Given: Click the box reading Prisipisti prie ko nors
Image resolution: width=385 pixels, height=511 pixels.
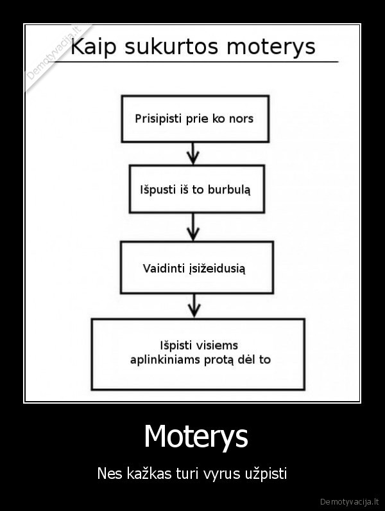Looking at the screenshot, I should [194, 118].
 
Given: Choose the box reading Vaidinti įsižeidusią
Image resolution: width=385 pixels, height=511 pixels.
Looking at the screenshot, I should [196, 267].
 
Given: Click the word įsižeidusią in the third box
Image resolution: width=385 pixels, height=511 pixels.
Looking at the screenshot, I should [218, 268].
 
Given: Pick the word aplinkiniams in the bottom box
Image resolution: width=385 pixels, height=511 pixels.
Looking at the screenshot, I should [165, 359].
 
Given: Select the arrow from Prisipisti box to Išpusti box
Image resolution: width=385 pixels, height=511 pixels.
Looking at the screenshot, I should [195, 153].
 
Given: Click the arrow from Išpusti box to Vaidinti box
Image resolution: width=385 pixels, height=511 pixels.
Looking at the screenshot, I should [194, 226].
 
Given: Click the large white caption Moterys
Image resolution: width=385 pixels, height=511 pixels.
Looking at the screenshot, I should [196, 436].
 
